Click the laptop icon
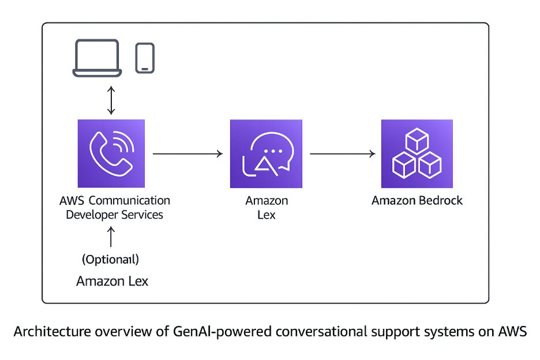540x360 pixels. (x=97, y=58)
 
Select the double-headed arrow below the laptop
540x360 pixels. (x=112, y=101)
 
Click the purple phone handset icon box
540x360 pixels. (x=111, y=153)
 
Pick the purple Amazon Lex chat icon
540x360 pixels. (x=266, y=153)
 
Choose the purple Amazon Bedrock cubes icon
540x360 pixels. (x=417, y=153)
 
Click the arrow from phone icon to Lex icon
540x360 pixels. (x=187, y=153)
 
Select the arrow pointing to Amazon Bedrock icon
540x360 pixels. (x=343, y=153)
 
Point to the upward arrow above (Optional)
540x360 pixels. (x=112, y=238)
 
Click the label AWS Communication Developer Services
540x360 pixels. (x=114, y=208)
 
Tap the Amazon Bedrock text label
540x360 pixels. (x=417, y=201)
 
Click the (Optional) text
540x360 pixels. (x=111, y=260)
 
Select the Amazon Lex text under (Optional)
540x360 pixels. (x=112, y=282)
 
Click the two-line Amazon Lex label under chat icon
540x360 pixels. (x=266, y=208)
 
